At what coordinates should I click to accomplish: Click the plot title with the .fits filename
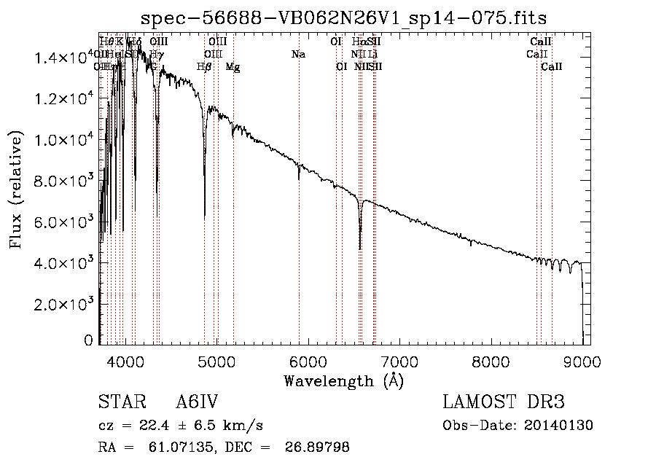pyautogui.click(x=343, y=17)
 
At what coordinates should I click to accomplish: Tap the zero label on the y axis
pyautogui.click(x=89, y=340)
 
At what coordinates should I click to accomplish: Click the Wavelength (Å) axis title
pyautogui.click(x=343, y=380)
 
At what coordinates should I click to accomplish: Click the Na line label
pyautogui.click(x=297, y=54)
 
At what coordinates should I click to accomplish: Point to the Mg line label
pyautogui.click(x=233, y=66)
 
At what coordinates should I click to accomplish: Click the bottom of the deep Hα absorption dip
pyautogui.click(x=360, y=249)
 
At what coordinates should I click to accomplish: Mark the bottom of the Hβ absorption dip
pyautogui.click(x=205, y=216)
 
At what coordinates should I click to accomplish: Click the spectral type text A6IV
pyautogui.click(x=197, y=403)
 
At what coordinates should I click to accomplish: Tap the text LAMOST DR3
pyautogui.click(x=504, y=403)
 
